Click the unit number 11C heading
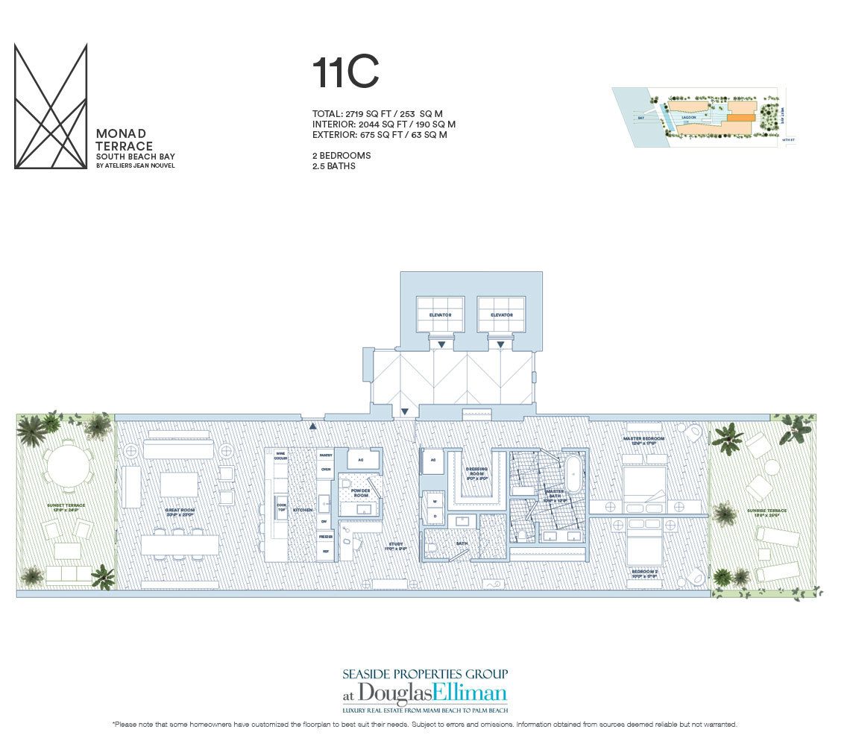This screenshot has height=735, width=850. tap(345, 73)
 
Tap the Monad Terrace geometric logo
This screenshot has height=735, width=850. tap(51, 106)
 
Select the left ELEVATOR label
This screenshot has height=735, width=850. tap(440, 315)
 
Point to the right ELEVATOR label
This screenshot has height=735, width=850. tap(501, 315)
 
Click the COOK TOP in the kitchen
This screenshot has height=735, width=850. tap(282, 507)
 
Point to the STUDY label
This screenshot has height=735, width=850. tap(395, 545)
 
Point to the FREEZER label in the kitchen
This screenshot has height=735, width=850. tap(325, 536)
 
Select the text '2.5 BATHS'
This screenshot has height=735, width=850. tap(333, 166)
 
